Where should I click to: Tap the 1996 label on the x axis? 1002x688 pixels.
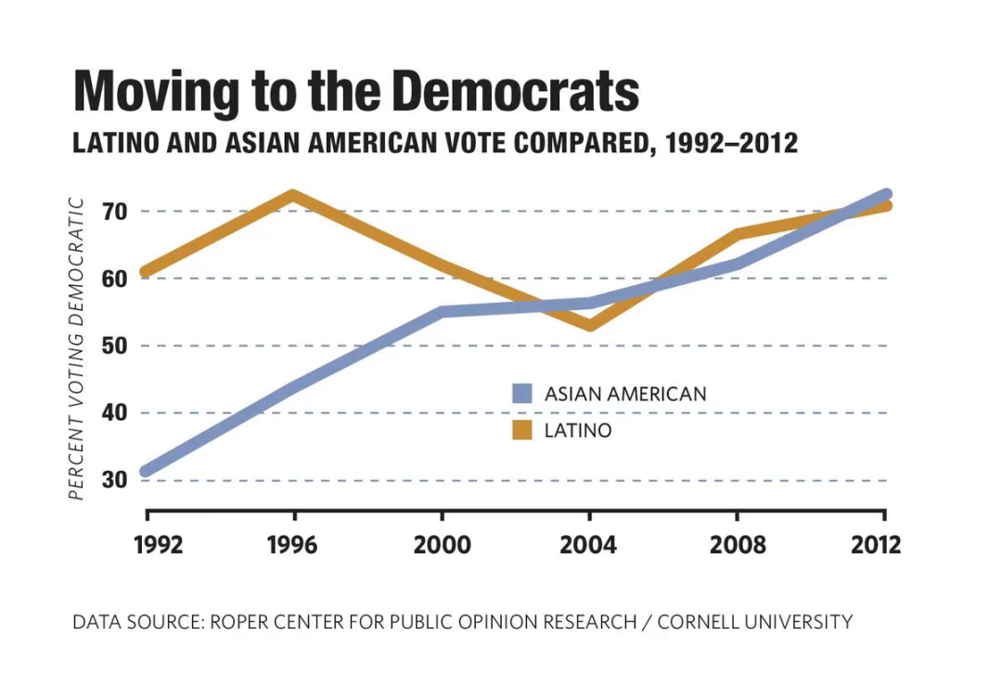coord(292,545)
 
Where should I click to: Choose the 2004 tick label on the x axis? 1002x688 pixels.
coord(588,545)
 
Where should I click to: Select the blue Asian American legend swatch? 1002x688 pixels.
coord(522,394)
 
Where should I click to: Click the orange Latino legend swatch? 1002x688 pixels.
coord(522,430)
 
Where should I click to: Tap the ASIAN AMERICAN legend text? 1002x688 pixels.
coord(624,394)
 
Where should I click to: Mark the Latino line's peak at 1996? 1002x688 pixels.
coord(293,196)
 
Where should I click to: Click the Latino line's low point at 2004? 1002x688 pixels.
coord(589,325)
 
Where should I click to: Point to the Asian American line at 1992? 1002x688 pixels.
coord(147,471)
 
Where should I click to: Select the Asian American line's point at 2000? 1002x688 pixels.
coord(442,312)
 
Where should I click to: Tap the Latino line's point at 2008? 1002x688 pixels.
coord(738,234)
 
